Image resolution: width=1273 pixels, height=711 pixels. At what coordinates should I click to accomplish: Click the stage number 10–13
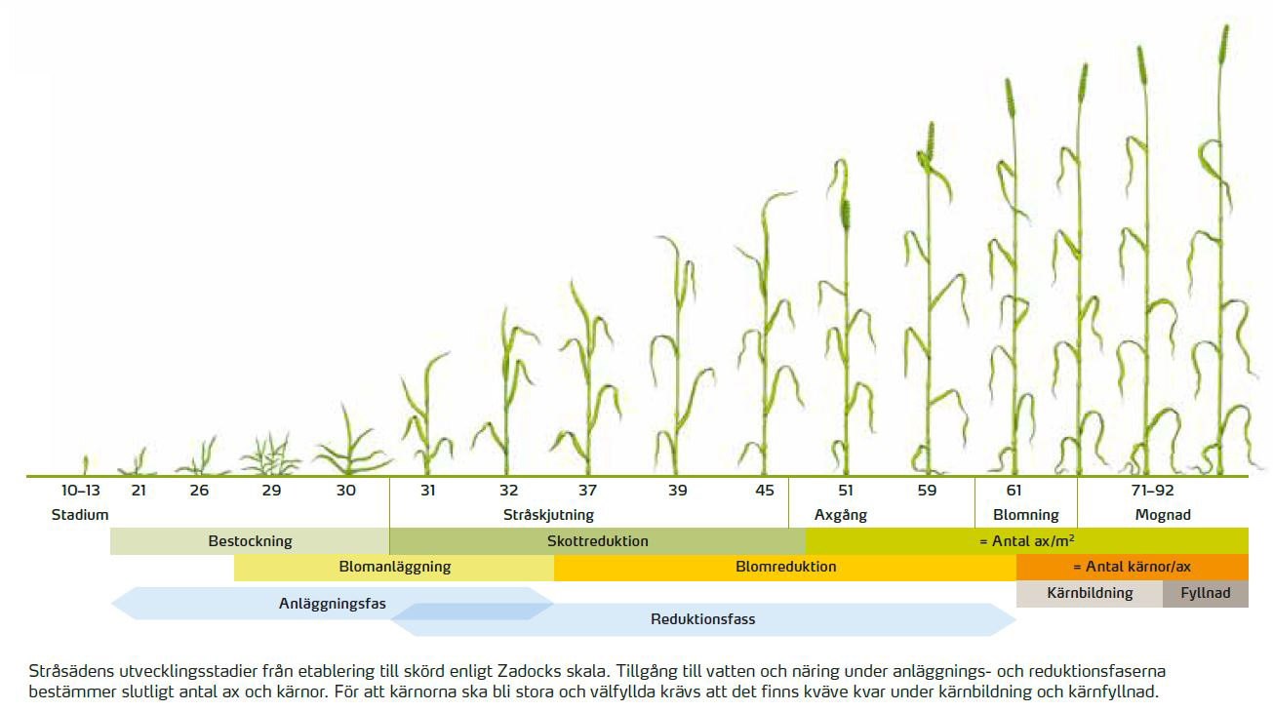point(80,491)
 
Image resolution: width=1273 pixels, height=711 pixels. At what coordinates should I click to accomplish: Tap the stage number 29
point(271,491)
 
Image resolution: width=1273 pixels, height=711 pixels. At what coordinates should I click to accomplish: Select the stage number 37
point(586,491)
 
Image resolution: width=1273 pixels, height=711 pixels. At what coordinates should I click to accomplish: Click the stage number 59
point(926,491)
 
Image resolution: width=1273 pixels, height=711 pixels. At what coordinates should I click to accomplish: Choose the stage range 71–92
point(1153,491)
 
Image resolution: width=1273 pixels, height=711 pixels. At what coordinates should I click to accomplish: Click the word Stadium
point(80,515)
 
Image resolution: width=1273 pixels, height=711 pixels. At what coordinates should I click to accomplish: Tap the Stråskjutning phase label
point(548,515)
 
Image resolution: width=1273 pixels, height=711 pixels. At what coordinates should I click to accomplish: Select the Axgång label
point(840,515)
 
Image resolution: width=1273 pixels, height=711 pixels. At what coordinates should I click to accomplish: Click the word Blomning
point(1025,515)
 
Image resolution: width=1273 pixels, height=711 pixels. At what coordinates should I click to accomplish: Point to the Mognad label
point(1163,515)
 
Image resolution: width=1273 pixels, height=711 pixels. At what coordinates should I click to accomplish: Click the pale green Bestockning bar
point(250,540)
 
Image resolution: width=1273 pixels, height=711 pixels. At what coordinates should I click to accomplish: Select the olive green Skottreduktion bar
point(597,540)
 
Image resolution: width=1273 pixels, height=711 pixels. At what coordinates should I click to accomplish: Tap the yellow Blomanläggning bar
point(394,567)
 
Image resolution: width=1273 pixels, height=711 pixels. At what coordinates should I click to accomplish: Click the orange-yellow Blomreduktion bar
point(785,567)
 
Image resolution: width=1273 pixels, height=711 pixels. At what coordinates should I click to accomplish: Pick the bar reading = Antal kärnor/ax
point(1132,567)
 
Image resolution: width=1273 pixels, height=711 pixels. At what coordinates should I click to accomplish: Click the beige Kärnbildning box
point(1090,593)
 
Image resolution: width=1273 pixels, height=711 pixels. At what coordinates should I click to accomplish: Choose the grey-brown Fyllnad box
point(1206,593)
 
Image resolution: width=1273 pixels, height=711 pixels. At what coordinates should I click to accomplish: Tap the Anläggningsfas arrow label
point(332,604)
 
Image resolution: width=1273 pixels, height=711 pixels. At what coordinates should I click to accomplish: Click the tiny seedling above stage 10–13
point(85,464)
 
